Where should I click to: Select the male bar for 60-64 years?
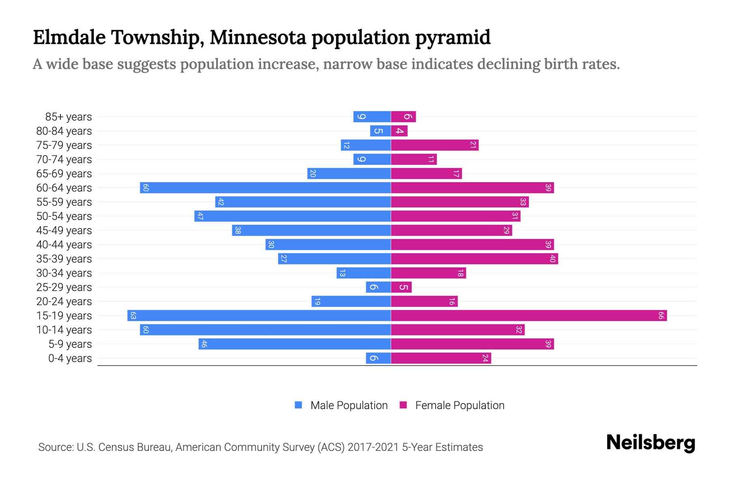[x=266, y=188]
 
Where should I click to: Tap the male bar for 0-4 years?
[x=378, y=358]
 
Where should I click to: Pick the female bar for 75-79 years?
[x=435, y=145]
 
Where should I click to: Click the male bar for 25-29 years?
[x=378, y=287]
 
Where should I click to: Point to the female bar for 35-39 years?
[x=474, y=259]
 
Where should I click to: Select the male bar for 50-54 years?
[x=293, y=216]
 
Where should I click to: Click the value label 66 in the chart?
[x=661, y=316]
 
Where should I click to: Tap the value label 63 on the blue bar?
[x=133, y=316]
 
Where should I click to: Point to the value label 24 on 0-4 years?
[x=485, y=358]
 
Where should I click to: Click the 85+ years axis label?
[x=69, y=117]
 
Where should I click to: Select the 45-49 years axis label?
[x=64, y=231]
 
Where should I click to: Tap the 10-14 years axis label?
[x=64, y=330]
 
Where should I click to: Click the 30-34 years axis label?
[x=64, y=273]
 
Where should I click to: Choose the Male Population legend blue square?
[x=298, y=405]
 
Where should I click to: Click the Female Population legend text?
[x=459, y=405]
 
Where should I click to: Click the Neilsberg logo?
[x=651, y=443]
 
